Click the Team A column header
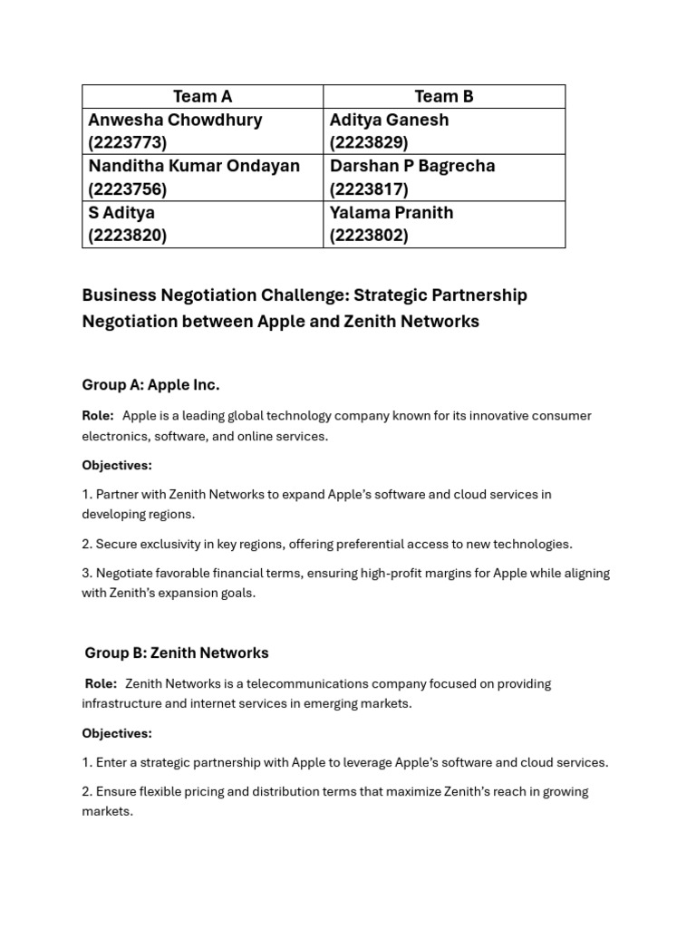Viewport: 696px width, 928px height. (202, 97)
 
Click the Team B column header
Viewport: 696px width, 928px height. (444, 97)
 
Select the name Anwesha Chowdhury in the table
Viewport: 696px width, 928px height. (175, 121)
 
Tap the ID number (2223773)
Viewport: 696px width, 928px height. (128, 143)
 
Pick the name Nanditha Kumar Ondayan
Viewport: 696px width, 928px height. (194, 167)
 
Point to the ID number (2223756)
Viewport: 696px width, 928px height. (128, 189)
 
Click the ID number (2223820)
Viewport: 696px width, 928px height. (128, 236)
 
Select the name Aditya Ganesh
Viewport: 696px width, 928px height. (389, 121)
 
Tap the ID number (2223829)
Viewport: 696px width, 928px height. (369, 143)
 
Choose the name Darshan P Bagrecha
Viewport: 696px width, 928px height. (412, 167)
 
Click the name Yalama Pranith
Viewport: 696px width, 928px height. (391, 213)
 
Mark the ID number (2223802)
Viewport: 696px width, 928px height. (369, 236)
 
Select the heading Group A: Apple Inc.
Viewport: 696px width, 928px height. (150, 385)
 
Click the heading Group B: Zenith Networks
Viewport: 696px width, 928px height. (177, 652)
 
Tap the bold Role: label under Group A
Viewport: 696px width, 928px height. (98, 416)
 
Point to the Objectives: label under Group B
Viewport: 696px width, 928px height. (117, 733)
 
